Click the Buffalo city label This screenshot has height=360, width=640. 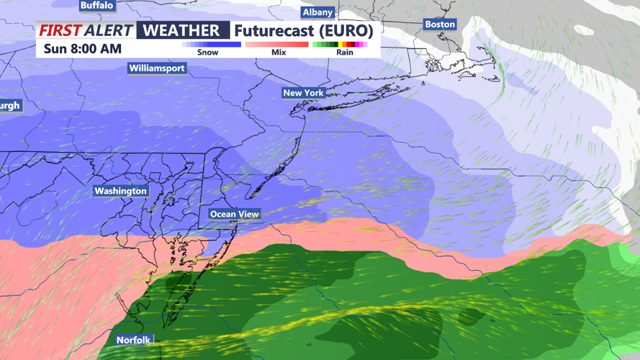(x=97, y=5)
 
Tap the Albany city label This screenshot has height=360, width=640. (x=317, y=12)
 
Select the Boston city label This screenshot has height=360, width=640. (x=440, y=24)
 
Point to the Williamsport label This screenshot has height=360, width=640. (x=157, y=68)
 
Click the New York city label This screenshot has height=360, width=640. (x=303, y=93)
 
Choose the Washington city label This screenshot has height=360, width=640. (x=120, y=191)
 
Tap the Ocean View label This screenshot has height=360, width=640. (x=235, y=214)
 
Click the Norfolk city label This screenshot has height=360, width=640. (x=134, y=340)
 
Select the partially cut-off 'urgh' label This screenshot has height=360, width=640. (x=10, y=105)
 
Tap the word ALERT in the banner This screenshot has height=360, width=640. (x=109, y=30)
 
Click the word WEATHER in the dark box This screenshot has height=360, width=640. (x=182, y=30)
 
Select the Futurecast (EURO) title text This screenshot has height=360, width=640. (x=303, y=30)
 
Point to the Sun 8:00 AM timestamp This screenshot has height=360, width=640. (x=83, y=49)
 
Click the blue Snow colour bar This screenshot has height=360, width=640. (x=211, y=45)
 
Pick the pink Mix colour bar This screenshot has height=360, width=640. (x=277, y=45)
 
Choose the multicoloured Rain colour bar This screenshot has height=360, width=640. (x=341, y=45)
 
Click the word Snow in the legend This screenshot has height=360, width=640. (x=208, y=53)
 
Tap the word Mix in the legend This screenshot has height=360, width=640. (x=279, y=53)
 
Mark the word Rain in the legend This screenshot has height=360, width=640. (x=345, y=53)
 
